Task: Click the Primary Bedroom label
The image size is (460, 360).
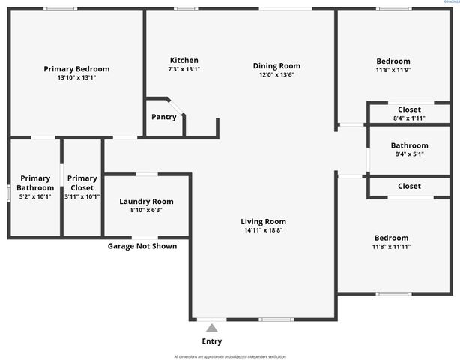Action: point(76,68)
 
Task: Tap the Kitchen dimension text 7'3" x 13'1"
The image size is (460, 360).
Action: point(184,69)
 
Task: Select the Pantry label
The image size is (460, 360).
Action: point(164,117)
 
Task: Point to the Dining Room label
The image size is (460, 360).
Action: point(276,65)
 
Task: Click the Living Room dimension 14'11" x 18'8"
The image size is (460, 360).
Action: point(263,230)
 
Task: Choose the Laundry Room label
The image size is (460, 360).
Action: point(147,201)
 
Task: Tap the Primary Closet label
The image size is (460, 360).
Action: point(82,182)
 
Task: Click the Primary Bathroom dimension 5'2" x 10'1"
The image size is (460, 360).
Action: point(35,197)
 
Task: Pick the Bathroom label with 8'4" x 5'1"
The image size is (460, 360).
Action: point(409,145)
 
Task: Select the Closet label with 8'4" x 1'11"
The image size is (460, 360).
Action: point(409,109)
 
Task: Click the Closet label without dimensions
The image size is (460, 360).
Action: point(409,186)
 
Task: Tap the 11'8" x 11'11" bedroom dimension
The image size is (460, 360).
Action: point(391,247)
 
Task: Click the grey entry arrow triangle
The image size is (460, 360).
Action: point(212,327)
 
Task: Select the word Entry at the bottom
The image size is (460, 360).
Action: point(212,341)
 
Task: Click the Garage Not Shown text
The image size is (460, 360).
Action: point(142,246)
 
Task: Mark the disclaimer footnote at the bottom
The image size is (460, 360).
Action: point(230,355)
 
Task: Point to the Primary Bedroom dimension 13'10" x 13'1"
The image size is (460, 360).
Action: point(76,77)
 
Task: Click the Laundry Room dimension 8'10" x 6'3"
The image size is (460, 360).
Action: point(147,210)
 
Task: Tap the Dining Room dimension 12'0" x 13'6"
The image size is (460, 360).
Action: point(276,74)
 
